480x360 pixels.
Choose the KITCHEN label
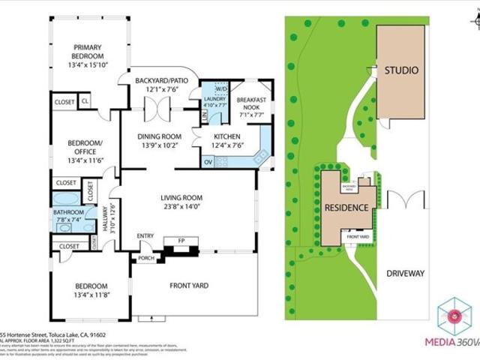tap(226, 136)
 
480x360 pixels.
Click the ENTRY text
tap(145, 236)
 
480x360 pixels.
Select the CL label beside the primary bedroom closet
tap(85, 100)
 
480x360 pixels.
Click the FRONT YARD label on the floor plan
tap(188, 285)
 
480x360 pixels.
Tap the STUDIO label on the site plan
tap(401, 70)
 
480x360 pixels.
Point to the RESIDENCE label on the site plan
tap(346, 208)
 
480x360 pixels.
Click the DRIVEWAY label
tap(405, 273)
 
